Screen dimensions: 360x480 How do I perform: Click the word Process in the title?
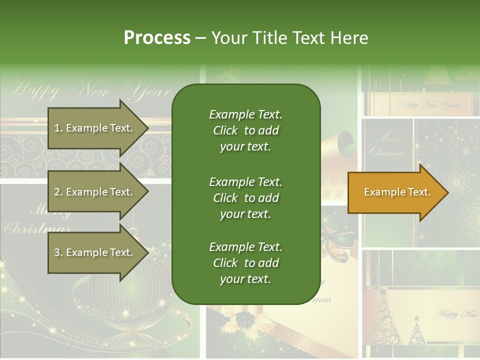click(x=157, y=38)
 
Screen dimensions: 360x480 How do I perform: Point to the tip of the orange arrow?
click(x=447, y=192)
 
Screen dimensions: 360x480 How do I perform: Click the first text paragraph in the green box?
click(x=245, y=130)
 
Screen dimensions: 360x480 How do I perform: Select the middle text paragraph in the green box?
click(x=245, y=198)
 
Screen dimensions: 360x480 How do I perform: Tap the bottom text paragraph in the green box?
click(x=245, y=263)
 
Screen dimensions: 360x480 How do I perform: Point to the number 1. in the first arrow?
click(x=58, y=128)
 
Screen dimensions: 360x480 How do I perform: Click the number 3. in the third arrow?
click(x=58, y=252)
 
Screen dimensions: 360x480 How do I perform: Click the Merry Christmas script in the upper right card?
click(x=387, y=144)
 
